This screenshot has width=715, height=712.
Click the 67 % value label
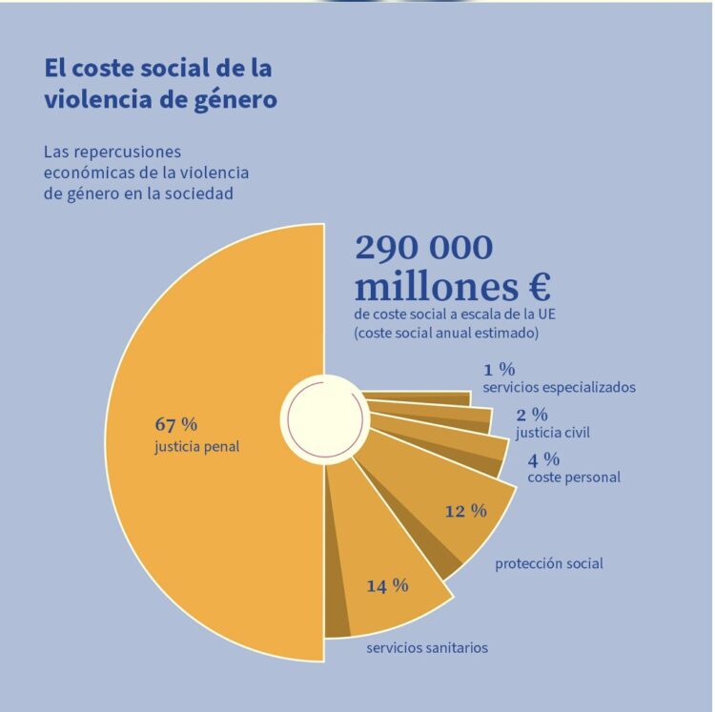click(175, 424)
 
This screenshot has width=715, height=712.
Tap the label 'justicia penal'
click(196, 445)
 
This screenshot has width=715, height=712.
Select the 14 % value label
click(387, 585)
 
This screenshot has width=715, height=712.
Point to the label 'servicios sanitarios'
click(427, 648)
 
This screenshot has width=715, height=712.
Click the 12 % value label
click(465, 511)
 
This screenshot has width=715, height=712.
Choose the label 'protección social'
click(548, 563)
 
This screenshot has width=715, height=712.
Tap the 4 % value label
click(543, 458)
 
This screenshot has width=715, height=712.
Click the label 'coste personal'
click(573, 477)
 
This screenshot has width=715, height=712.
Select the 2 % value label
click(532, 415)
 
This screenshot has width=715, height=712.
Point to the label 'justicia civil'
click(552, 433)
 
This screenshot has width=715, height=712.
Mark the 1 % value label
click(499, 370)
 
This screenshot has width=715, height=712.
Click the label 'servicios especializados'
click(559, 387)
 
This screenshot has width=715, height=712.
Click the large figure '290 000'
click(424, 248)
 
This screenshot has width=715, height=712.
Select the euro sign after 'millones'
click(536, 286)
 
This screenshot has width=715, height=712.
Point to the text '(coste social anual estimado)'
click(446, 333)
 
